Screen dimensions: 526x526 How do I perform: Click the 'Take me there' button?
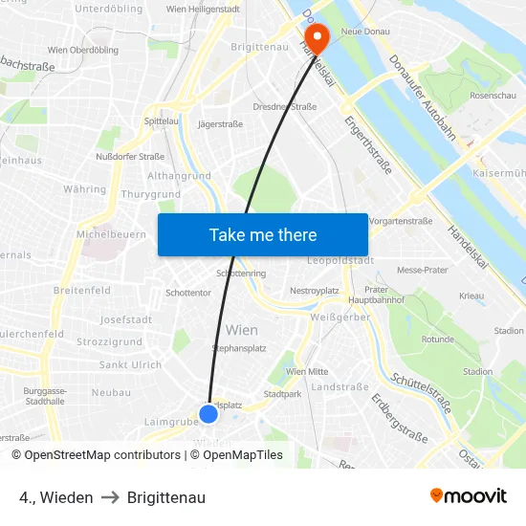pyautogui.click(x=263, y=234)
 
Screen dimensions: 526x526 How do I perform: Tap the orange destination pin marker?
pyautogui.click(x=315, y=37)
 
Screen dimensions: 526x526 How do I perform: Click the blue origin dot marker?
pyautogui.click(x=208, y=413)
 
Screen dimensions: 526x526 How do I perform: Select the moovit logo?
pyautogui.click(x=469, y=496)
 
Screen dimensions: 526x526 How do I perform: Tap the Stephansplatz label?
pyautogui.click(x=239, y=349)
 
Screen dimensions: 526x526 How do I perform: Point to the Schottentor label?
pyautogui.click(x=187, y=293)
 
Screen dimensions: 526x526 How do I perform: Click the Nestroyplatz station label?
pyautogui.click(x=315, y=290)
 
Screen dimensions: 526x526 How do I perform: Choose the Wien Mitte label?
pyautogui.click(x=307, y=371)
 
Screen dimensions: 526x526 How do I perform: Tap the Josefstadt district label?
pyautogui.click(x=125, y=319)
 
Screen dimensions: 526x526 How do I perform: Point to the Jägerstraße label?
pyautogui.click(x=219, y=123)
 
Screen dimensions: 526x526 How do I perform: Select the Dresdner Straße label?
pyautogui.click(x=284, y=107)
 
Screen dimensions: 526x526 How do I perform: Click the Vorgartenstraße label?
pyautogui.click(x=401, y=221)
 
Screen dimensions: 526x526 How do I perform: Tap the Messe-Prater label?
pyautogui.click(x=423, y=270)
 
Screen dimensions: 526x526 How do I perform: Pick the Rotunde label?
pyautogui.click(x=437, y=339)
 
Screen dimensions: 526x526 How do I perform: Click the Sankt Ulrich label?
pyautogui.click(x=130, y=364)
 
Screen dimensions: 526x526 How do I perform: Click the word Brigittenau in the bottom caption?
pyautogui.click(x=165, y=497)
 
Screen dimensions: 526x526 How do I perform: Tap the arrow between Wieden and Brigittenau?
pyautogui.click(x=110, y=497)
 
